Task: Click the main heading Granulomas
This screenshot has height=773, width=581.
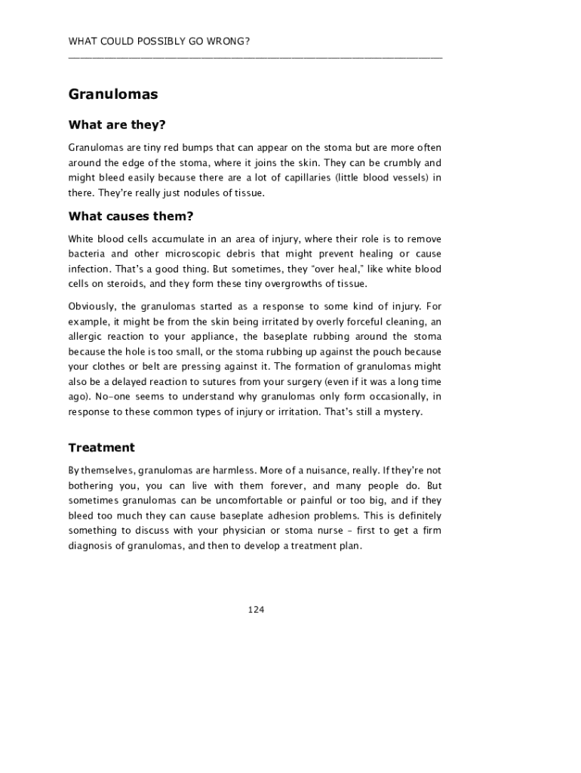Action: click(113, 95)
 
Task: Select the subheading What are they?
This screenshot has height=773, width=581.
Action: click(116, 125)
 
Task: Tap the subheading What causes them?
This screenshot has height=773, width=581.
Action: click(131, 217)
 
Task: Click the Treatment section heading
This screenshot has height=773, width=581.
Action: click(101, 448)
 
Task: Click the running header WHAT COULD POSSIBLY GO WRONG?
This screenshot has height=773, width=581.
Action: click(158, 41)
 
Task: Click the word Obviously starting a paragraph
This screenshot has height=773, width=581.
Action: click(91, 306)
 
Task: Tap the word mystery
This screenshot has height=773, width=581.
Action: click(403, 412)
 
